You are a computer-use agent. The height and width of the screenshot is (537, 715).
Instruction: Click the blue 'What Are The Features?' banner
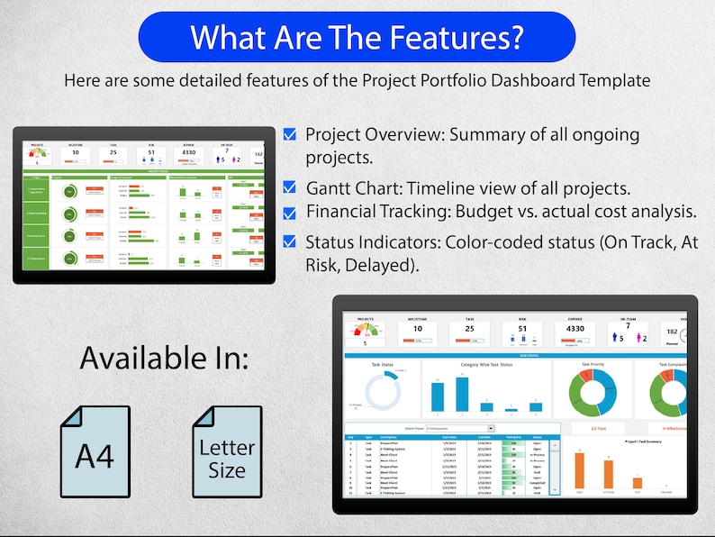[x=357, y=37]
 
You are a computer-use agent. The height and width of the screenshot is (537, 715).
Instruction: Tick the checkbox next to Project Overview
[x=289, y=134]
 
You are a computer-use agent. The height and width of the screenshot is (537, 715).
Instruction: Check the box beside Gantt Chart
[x=289, y=188]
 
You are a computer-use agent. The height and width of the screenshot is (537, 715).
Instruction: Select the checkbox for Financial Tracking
[x=289, y=214]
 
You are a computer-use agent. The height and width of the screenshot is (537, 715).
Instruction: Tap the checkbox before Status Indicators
[x=289, y=241]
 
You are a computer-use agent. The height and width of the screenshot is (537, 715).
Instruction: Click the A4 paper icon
[x=95, y=451]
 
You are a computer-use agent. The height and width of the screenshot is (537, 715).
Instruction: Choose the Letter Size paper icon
[x=227, y=451]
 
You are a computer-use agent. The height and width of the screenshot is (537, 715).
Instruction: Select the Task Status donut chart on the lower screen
[x=382, y=392]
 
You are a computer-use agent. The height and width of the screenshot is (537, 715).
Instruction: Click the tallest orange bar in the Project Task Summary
[x=609, y=474]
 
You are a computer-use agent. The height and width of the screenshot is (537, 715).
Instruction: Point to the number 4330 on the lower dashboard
[x=575, y=329]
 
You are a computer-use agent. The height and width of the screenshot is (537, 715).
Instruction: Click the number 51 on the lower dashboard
[x=522, y=329]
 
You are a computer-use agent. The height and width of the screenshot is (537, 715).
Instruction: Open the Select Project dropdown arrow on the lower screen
[x=491, y=429]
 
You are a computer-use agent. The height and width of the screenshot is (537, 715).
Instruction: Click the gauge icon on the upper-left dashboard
[x=36, y=153]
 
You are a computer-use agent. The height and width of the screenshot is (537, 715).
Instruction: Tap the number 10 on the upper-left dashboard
[x=77, y=153]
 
